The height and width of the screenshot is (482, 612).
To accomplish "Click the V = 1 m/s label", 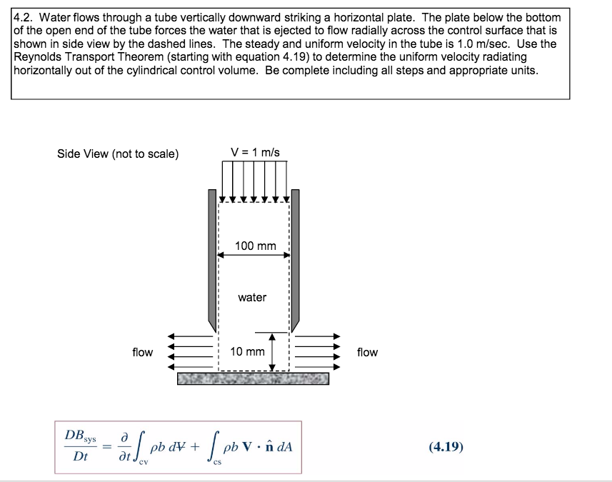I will coord(255,152).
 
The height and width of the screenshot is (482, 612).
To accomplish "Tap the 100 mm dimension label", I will coord(255,246).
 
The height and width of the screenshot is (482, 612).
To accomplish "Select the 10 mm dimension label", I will coord(247,352).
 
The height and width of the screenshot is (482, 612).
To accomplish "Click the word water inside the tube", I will coord(252,297).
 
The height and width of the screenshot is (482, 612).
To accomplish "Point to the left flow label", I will coord(142,352).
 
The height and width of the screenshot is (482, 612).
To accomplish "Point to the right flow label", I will coord(367,352).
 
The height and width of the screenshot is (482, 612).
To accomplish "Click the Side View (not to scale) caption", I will coord(118,154).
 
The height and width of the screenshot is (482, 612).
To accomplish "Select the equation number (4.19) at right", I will coord(446,447).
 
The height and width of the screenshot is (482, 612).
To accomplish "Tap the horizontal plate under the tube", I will coord(254,378).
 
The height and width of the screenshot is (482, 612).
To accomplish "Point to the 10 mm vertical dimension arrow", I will coord(272,351).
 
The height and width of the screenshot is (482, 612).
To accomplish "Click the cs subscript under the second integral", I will coord(220,463).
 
